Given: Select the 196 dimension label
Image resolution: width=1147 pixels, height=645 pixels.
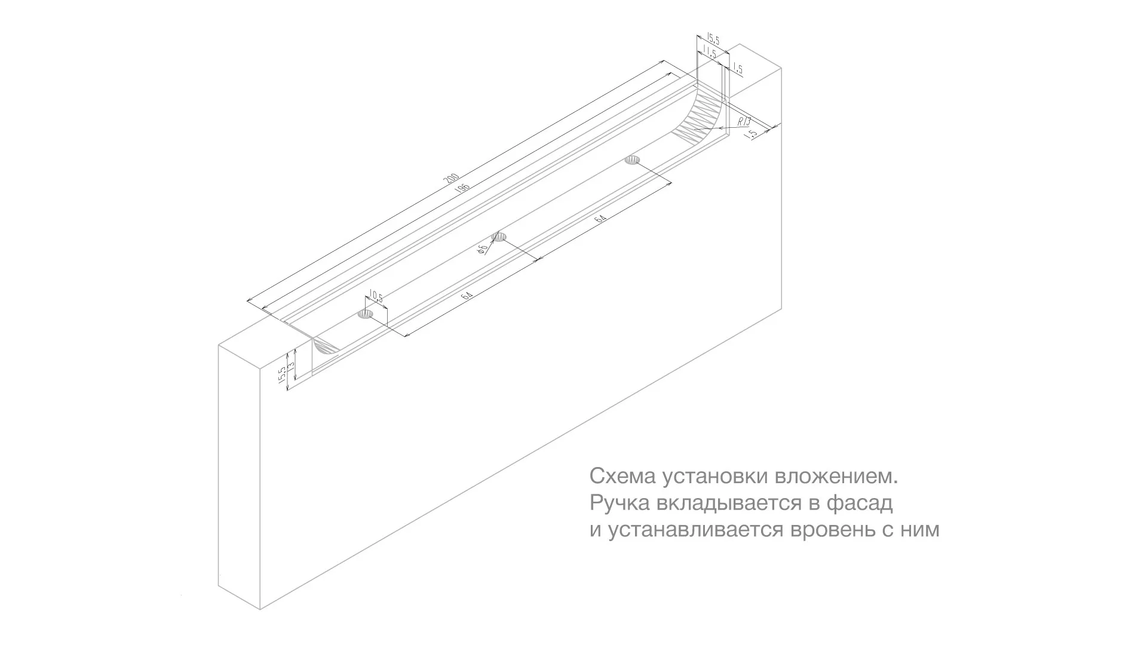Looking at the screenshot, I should point(462,188).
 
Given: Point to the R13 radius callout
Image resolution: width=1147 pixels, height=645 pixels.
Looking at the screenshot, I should point(744,122).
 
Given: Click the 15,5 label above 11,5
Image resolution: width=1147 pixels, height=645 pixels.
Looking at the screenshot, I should point(713,40).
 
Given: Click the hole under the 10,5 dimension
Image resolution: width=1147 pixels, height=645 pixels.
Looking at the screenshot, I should point(365,314).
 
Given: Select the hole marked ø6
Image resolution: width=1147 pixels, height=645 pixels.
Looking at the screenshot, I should point(499,237).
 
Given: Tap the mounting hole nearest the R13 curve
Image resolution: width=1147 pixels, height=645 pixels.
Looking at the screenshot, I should point(632,160).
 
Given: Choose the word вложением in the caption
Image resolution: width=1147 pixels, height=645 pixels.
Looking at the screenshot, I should point(837,477).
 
